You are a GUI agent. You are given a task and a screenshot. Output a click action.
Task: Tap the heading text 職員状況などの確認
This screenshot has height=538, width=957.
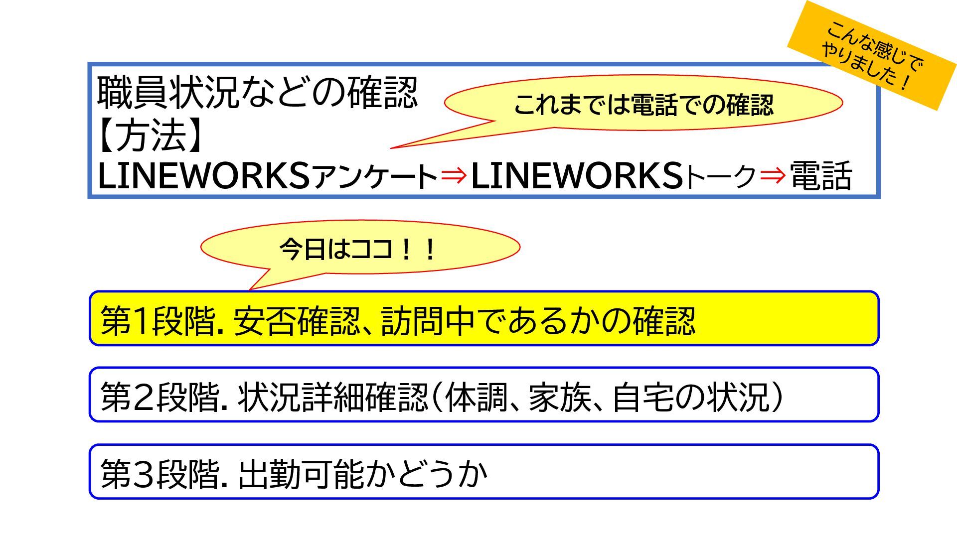pos(257,93)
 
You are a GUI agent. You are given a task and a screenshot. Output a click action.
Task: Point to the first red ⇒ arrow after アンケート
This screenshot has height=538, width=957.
pos(454,175)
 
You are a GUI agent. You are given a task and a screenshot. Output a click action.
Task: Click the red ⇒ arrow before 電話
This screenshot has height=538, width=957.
pos(773,175)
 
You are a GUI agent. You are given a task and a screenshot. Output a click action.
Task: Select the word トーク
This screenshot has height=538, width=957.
pos(721,177)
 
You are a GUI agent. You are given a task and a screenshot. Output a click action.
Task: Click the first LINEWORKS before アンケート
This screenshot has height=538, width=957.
pos(203,176)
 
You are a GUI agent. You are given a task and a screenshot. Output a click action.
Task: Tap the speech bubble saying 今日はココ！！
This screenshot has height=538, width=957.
pos(359,248)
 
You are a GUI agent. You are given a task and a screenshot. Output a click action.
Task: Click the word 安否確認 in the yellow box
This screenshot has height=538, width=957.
pos(296,320)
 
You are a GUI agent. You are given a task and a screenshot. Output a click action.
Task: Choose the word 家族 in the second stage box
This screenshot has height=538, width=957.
pos(559,397)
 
